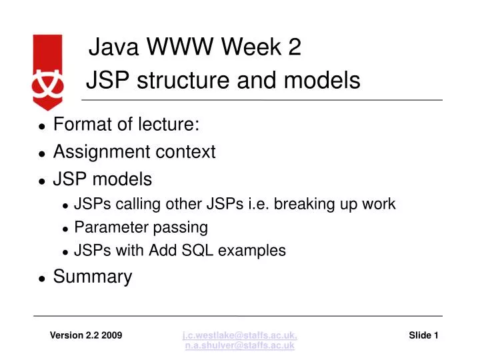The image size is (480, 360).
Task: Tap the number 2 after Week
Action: click(x=295, y=47)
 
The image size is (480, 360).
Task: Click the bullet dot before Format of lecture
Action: click(x=41, y=125)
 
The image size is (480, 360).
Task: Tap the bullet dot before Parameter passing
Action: click(x=65, y=229)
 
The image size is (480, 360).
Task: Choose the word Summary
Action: click(x=93, y=277)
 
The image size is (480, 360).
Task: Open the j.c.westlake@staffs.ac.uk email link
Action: click(x=240, y=335)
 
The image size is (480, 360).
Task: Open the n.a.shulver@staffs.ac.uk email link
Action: click(x=240, y=346)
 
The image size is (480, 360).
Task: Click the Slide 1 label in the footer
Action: click(x=423, y=335)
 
